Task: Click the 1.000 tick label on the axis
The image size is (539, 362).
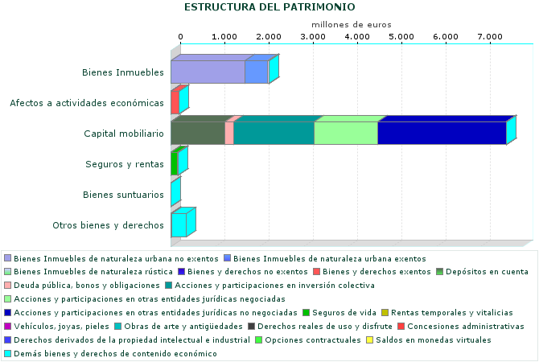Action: point(224,37)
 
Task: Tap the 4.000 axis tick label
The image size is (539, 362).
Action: point(357,37)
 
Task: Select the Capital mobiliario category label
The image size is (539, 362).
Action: point(124,134)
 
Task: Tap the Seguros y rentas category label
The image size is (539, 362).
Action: point(125,164)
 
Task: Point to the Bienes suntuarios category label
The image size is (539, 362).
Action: point(124,195)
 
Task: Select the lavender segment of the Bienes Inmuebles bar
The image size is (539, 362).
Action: point(208,72)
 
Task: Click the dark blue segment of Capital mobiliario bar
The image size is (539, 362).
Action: point(441,133)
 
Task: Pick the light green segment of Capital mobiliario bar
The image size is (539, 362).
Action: point(345,133)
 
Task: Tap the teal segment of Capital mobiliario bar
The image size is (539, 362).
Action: point(274,133)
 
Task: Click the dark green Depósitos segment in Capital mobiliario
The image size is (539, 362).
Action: point(198,133)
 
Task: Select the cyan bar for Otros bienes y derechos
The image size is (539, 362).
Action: point(179,224)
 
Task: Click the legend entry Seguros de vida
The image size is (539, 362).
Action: point(339,312)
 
